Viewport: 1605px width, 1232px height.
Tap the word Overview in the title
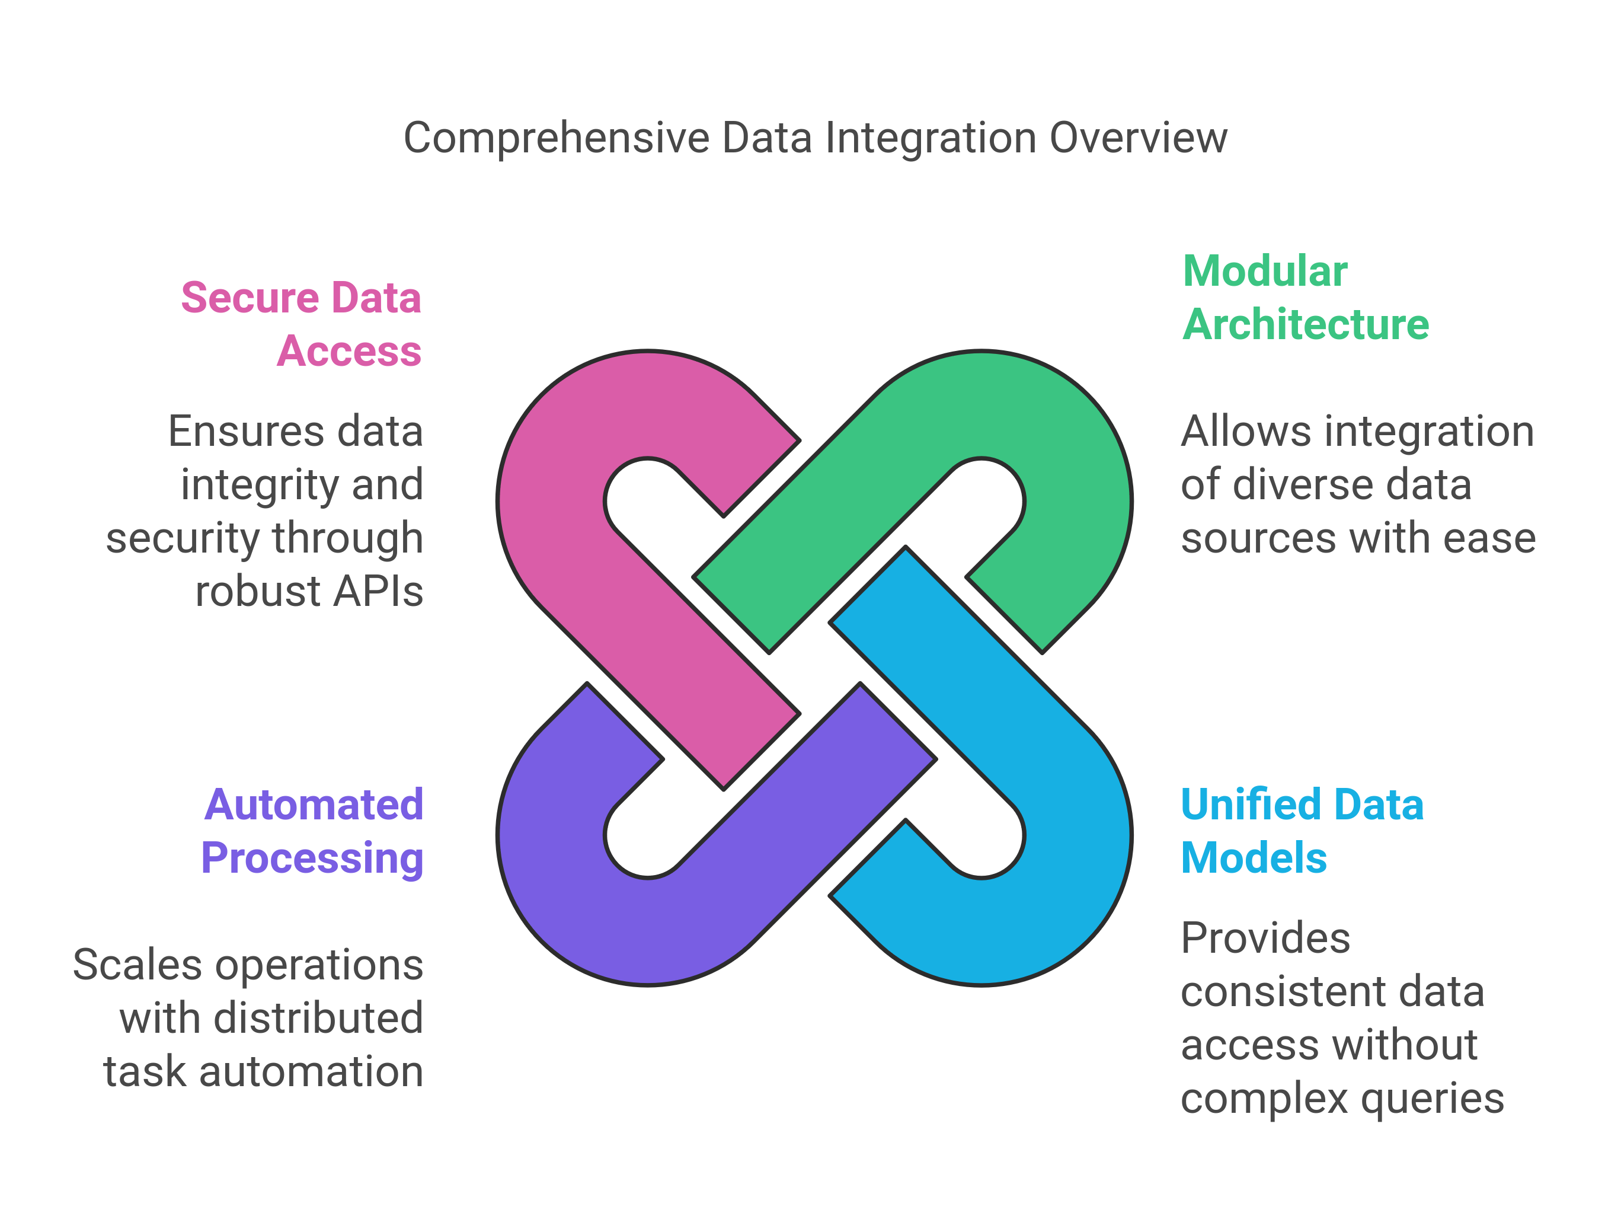1138,138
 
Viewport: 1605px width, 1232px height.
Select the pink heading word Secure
250,298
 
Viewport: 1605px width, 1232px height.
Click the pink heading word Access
349,351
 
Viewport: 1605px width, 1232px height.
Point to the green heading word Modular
1265,272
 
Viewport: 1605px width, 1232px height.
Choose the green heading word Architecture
1305,325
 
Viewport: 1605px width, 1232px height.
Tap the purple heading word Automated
314,805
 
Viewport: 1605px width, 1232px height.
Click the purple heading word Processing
312,858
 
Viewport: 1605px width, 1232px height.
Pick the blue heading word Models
1253,858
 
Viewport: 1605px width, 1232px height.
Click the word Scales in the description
137,965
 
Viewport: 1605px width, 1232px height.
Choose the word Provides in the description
1265,939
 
